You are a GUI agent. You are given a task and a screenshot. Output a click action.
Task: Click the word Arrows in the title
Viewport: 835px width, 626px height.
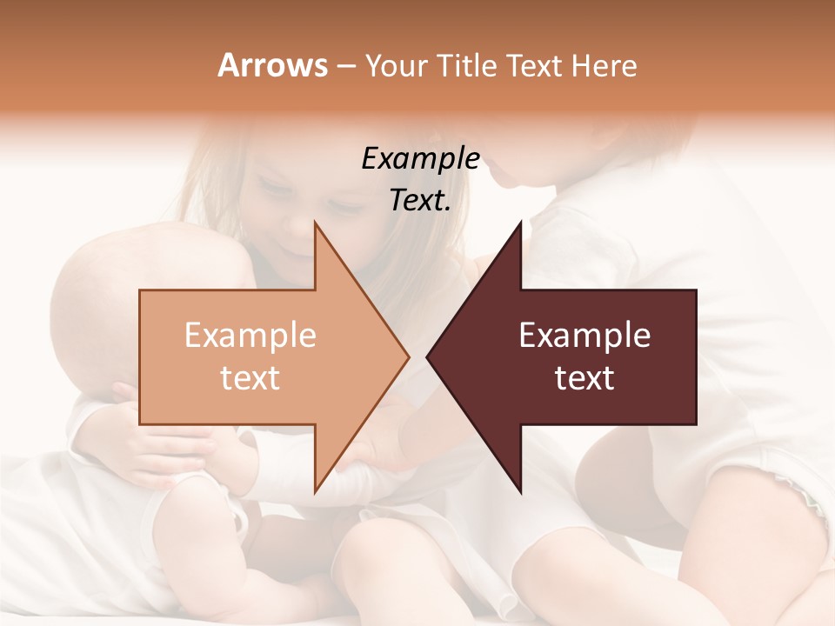pos(272,65)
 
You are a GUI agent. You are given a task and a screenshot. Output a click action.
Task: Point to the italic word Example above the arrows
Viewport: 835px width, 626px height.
pos(420,159)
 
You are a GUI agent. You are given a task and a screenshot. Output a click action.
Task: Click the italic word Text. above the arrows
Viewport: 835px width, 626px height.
pos(420,201)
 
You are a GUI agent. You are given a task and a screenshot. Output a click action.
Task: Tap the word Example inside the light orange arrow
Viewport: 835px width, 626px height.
pos(250,336)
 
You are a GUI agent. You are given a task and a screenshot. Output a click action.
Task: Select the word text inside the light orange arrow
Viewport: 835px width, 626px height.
pos(250,378)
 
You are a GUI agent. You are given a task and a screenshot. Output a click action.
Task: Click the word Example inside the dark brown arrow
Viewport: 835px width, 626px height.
pos(584,336)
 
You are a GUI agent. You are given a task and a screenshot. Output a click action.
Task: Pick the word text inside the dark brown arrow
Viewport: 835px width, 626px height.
pos(584,378)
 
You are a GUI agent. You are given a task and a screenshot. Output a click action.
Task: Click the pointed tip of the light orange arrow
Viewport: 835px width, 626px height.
pos(406,356)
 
